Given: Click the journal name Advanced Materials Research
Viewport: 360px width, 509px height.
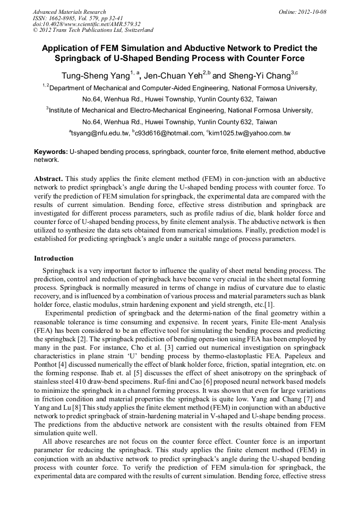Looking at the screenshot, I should tap(69, 12).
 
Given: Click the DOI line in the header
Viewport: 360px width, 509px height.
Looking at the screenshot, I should tap(87, 24).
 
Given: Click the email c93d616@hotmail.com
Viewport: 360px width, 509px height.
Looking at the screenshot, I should tap(169, 133).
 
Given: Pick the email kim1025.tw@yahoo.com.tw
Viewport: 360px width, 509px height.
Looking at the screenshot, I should tap(250, 133).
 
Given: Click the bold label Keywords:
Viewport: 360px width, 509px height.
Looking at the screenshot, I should tap(50, 152).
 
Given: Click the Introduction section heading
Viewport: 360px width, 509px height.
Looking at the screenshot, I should tap(54, 258).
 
